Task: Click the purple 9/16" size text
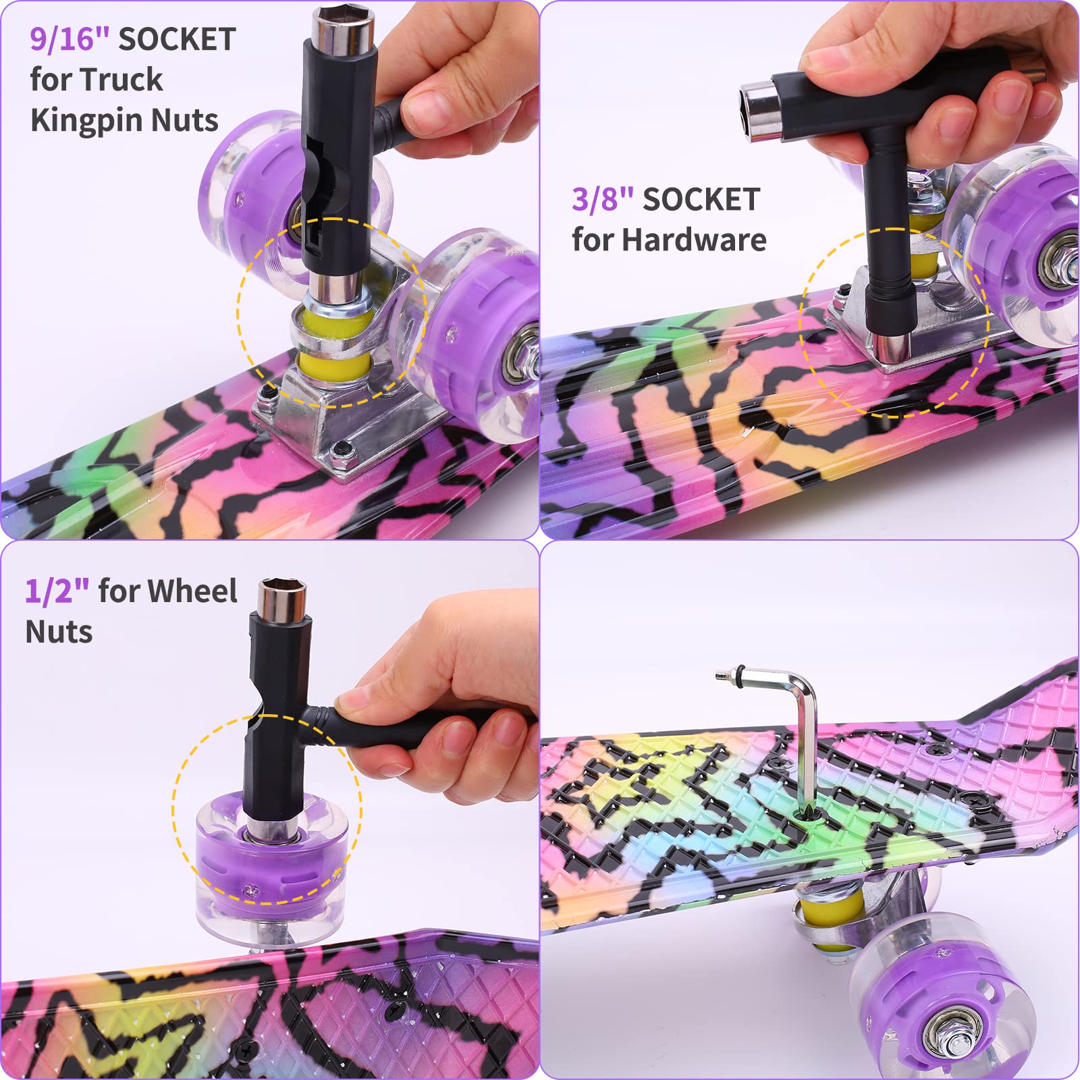70,39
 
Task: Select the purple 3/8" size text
603,200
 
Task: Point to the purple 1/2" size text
57,591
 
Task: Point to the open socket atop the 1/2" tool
282,597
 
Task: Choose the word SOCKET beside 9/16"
177,39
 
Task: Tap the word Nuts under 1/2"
59,632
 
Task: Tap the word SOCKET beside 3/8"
701,200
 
